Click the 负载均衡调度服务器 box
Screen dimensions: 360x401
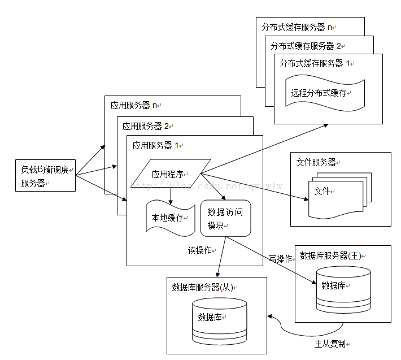click(x=45, y=175)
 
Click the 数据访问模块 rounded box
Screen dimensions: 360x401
click(x=225, y=218)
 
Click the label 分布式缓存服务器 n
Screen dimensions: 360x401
click(x=298, y=27)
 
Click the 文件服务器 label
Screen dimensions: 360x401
click(x=317, y=163)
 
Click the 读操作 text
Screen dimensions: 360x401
click(x=200, y=249)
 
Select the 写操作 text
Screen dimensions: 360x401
click(x=281, y=259)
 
